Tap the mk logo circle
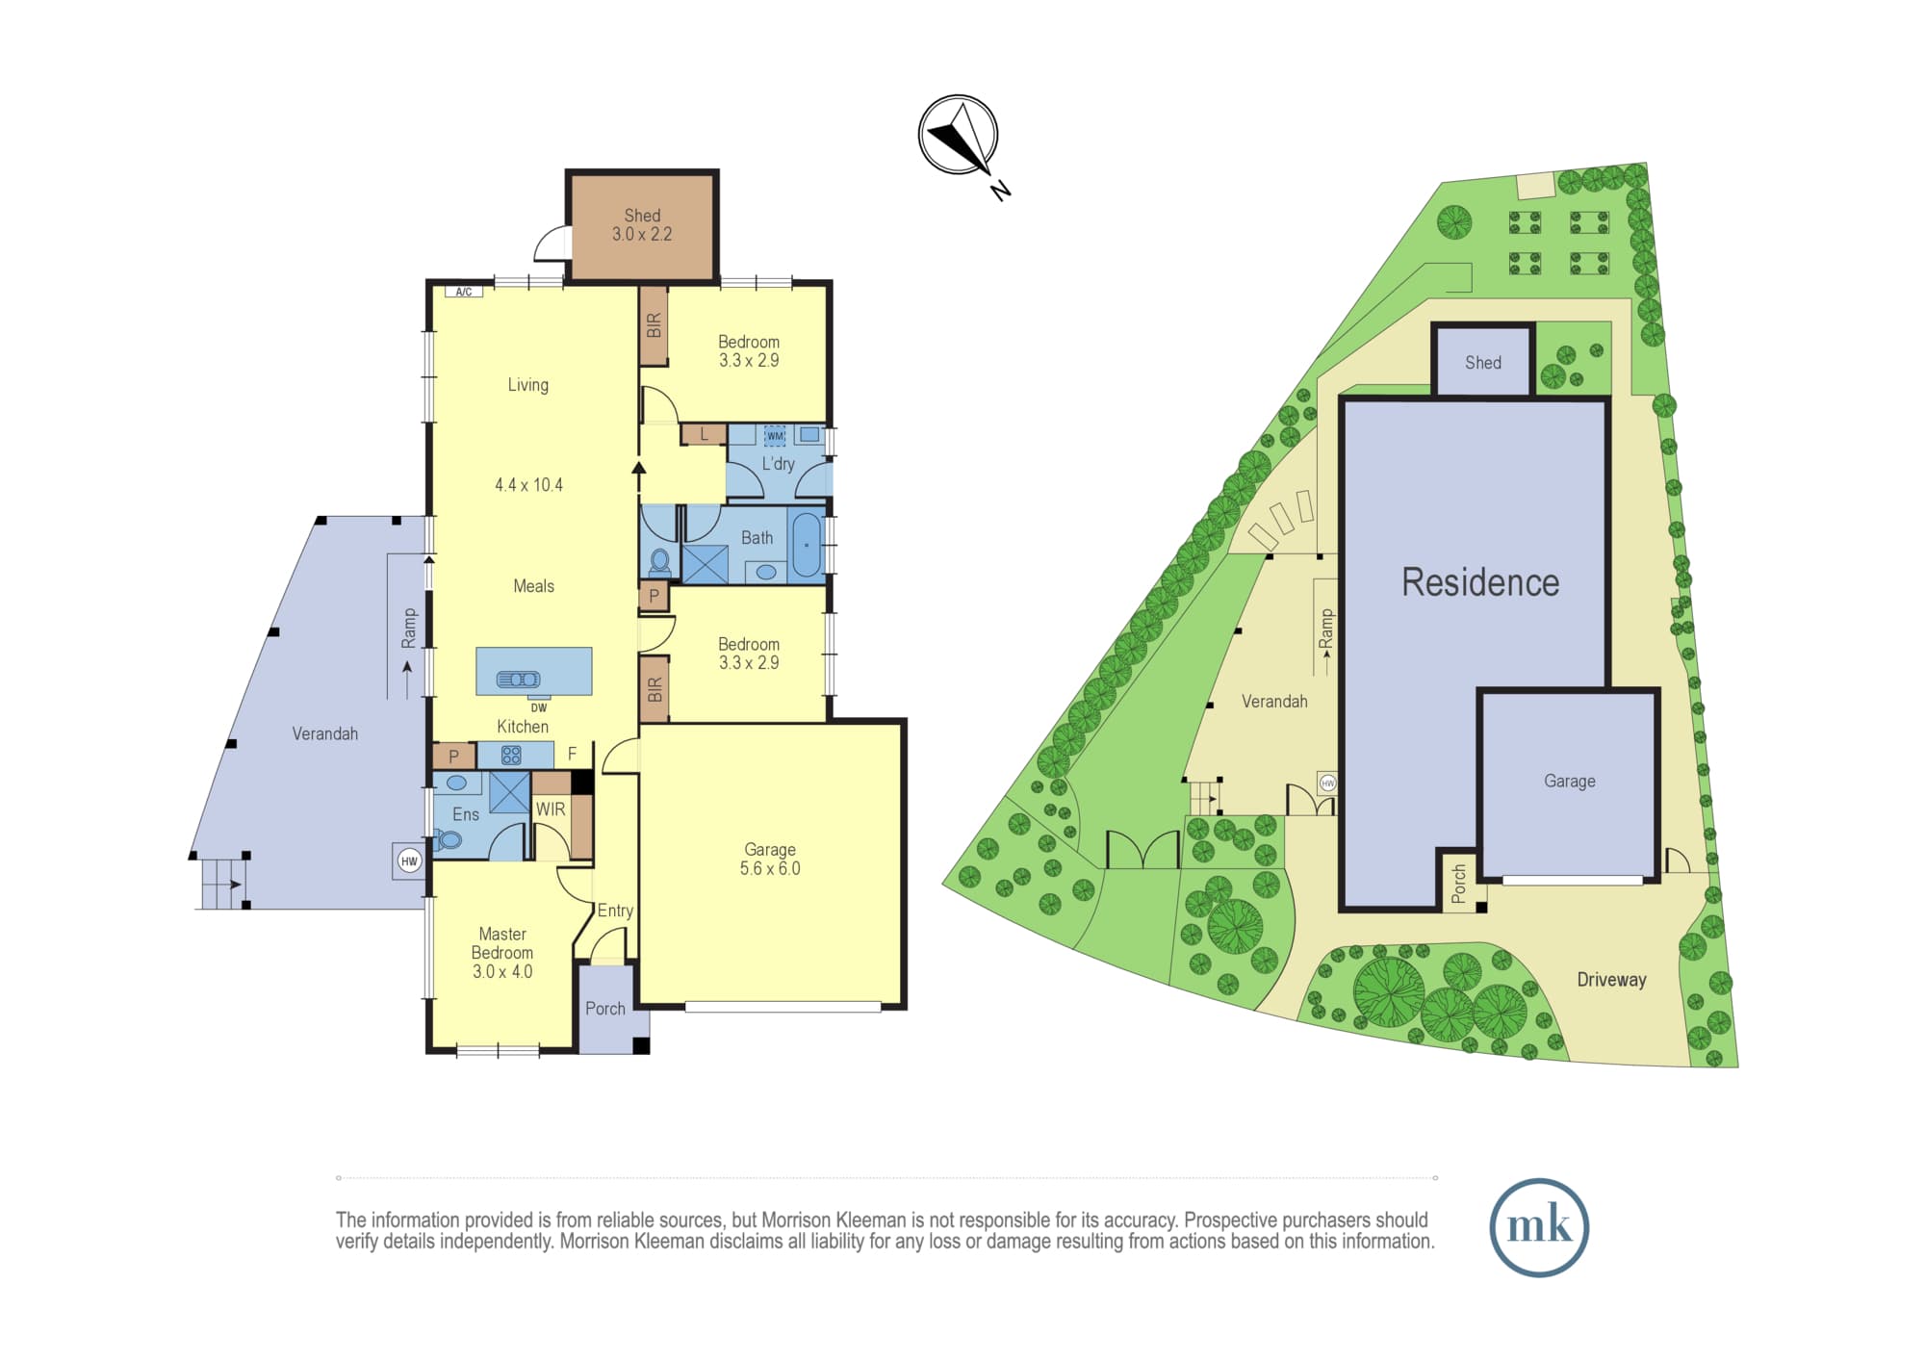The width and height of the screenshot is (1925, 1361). pos(1539,1227)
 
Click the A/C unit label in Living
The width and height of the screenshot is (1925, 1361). pos(464,292)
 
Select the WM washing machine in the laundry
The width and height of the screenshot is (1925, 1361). pos(775,436)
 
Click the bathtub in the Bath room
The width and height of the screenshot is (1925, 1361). pos(807,545)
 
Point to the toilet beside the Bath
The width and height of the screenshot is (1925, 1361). pos(660,561)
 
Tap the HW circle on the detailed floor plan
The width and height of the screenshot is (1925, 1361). pos(409,860)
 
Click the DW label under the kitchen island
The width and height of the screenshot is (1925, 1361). pos(539,707)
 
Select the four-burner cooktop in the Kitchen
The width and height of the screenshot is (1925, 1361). pos(511,756)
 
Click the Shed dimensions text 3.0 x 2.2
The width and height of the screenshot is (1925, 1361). pos(642,234)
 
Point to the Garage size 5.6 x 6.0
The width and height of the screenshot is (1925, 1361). pos(770,868)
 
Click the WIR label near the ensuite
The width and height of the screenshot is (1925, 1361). pos(551,809)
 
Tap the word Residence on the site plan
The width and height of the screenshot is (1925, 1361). pos(1480,582)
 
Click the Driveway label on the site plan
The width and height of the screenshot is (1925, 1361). pos(1611,980)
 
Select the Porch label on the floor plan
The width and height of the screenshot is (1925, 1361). pos(605,1008)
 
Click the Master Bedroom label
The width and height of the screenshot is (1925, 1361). pos(502,943)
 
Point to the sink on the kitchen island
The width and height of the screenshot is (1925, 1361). pos(518,680)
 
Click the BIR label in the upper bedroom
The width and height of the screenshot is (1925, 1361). pos(654,325)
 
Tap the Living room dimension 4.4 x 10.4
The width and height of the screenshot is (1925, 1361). pos(528,485)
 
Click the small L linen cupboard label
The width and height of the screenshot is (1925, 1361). pos(705,434)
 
